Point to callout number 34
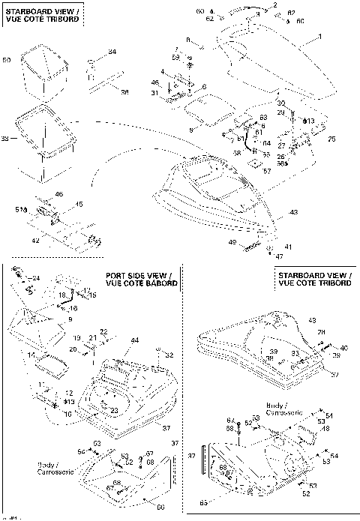[112, 51]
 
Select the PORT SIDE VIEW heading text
[142, 279]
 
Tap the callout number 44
[136, 340]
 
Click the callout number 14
[31, 355]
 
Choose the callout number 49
[232, 242]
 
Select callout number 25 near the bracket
[332, 139]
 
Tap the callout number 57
[268, 170]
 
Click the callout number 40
[344, 348]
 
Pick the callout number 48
[325, 428]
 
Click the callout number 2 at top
[274, 5]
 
